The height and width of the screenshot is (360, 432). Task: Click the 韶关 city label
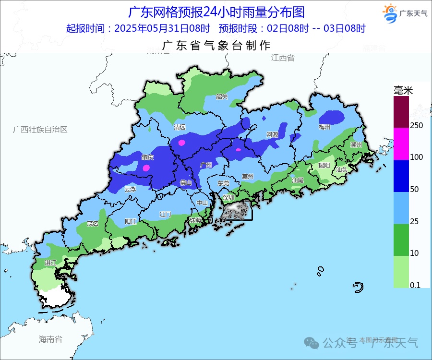coord(221,96)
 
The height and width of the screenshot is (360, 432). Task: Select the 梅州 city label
coord(324,127)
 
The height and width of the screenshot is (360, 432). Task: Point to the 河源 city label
coord(272,135)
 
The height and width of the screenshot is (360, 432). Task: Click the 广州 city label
coord(206,165)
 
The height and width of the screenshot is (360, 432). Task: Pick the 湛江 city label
coord(50,263)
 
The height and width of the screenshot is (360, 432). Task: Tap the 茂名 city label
coord(92,223)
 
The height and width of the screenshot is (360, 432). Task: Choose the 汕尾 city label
coord(297,180)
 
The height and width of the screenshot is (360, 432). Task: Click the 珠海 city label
coord(195,220)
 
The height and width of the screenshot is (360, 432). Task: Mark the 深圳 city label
coord(228,197)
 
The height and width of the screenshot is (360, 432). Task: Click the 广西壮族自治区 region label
coord(40,130)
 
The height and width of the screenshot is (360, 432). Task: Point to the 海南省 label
coord(50,339)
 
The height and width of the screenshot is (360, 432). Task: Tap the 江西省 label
coord(282,58)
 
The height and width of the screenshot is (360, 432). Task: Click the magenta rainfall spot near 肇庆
coord(146,168)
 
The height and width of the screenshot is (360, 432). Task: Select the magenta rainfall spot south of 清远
coord(181,143)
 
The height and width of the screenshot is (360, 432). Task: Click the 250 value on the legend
coord(417,125)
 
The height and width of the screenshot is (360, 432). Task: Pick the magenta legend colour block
coord(401,144)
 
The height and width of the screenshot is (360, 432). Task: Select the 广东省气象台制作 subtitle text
coord(216,46)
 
